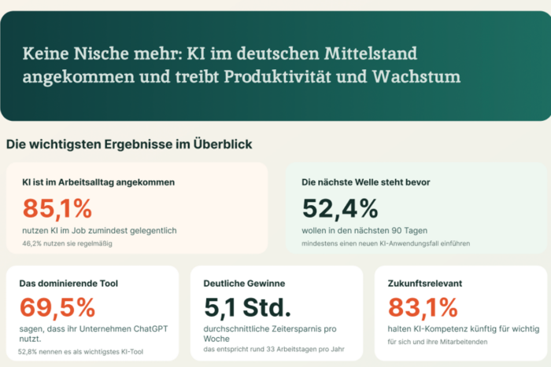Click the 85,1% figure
pyautogui.click(x=57, y=209)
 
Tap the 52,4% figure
pyautogui.click(x=340, y=209)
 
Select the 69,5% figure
pyautogui.click(x=56, y=306)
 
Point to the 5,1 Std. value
pyautogui.click(x=247, y=306)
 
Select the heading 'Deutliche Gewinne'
pyautogui.click(x=244, y=283)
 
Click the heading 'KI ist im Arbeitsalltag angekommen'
pyautogui.click(x=98, y=182)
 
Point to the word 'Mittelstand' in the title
pyautogui.click(x=372, y=54)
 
